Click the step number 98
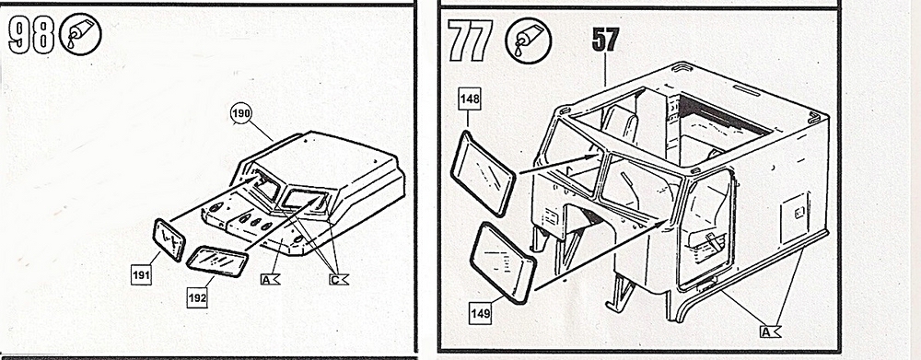30,36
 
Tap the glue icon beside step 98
80,35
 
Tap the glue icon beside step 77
528,41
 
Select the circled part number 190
240,114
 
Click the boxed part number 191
141,274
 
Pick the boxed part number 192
197,297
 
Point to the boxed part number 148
470,99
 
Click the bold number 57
604,41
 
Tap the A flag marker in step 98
270,280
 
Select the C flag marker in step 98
338,280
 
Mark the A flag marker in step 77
771,332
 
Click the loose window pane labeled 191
169,239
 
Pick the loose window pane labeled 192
217,261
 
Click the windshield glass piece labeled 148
483,174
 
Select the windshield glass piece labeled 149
503,263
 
